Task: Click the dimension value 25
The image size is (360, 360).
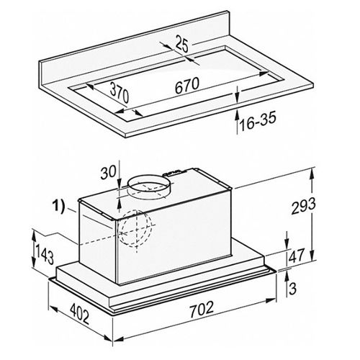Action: [x=182, y=44]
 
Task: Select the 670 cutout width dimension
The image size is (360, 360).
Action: [x=187, y=86]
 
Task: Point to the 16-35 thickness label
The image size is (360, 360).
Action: [x=258, y=121]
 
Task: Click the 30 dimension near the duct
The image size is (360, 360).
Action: [x=108, y=171]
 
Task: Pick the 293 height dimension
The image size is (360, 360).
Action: [x=303, y=206]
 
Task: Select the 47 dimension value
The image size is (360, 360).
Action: [x=297, y=256]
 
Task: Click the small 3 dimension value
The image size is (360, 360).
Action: [x=292, y=289]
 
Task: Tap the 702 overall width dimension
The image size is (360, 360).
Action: [x=202, y=310]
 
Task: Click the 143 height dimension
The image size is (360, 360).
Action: [x=45, y=254]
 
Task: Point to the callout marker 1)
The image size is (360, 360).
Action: [x=59, y=206]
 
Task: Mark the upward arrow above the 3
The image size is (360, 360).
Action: [x=287, y=279]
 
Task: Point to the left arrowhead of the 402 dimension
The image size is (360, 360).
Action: [x=53, y=309]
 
